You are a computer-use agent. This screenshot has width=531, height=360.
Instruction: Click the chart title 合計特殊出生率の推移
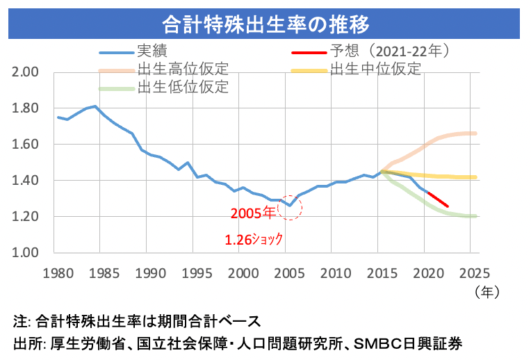(265, 24)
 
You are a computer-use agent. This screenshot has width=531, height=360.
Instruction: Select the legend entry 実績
(152, 51)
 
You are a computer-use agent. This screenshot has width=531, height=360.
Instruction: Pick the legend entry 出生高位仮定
(183, 69)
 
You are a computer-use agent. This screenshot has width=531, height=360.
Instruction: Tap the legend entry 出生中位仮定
(375, 69)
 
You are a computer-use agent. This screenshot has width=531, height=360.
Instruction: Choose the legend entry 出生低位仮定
(183, 88)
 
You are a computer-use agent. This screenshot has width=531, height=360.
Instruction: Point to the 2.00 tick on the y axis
(28, 72)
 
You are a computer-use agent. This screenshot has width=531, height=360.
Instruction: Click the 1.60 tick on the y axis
(28, 145)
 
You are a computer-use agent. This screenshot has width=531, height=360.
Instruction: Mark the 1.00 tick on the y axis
(28, 253)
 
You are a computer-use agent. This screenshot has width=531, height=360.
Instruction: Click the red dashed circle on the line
(290, 206)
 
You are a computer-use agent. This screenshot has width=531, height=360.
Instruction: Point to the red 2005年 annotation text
(252, 213)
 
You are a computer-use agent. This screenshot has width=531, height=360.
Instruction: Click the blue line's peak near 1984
(95, 106)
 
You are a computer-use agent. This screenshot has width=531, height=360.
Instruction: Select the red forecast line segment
(438, 199)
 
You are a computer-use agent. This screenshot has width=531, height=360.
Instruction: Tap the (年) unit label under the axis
(484, 292)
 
